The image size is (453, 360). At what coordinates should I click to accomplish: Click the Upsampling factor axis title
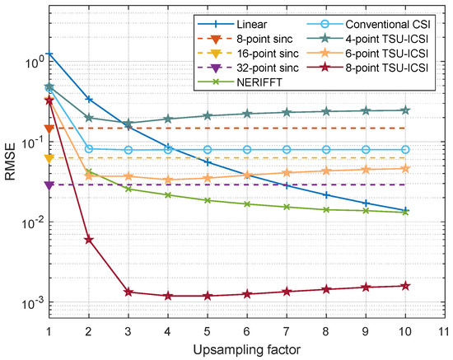coord(247,351)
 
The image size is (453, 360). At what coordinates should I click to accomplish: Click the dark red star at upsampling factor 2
coord(89,240)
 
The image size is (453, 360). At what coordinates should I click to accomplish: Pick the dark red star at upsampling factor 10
coord(404,286)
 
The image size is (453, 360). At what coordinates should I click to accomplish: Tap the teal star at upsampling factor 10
coord(404,110)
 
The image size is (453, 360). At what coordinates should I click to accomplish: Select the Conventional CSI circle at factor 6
coord(247,149)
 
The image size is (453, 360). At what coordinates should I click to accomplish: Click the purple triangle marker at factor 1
coord(49,185)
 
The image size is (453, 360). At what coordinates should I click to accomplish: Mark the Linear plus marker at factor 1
coord(49,54)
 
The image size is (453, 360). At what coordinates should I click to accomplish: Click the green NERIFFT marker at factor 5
coord(208,200)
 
